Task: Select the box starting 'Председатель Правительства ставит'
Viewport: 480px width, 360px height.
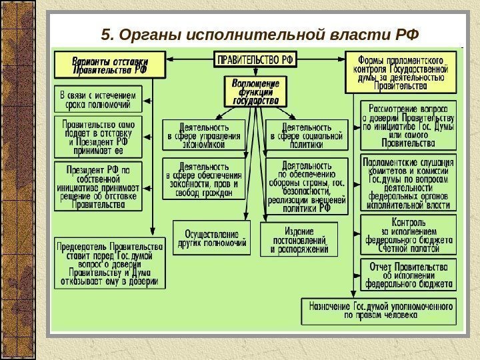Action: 109,263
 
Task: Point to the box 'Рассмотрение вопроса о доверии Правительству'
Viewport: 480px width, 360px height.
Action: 408,125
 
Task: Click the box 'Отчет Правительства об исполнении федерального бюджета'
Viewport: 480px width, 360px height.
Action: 408,274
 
